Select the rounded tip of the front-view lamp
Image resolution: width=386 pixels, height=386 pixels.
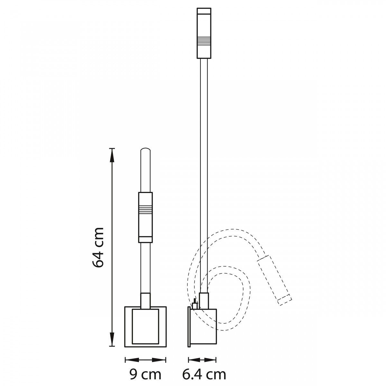[145, 150]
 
